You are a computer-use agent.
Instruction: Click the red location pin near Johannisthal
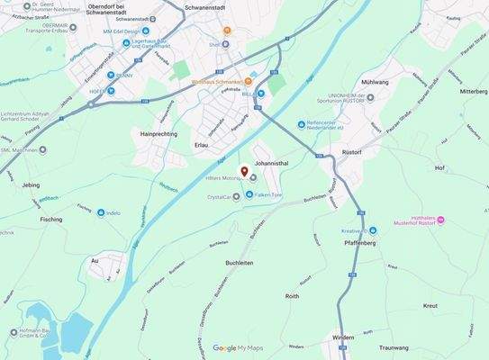pyautogui.click(x=242, y=171)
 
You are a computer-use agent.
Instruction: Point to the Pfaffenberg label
pyautogui.click(x=360, y=243)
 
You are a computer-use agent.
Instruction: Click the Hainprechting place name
pyautogui.click(x=158, y=133)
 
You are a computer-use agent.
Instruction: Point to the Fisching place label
pyautogui.click(x=51, y=219)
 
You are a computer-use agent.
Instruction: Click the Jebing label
pyautogui.click(x=30, y=184)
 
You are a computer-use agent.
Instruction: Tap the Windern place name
pyautogui.click(x=342, y=337)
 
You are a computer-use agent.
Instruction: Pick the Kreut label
pyautogui.click(x=430, y=306)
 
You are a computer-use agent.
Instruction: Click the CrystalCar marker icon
pyautogui.click(x=237, y=196)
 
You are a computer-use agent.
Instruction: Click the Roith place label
pyautogui.click(x=292, y=296)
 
